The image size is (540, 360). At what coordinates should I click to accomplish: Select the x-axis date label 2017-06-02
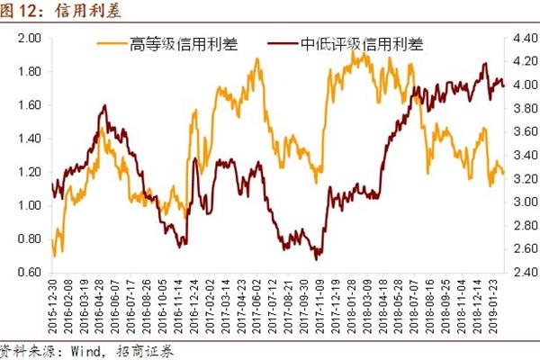pos(259,306)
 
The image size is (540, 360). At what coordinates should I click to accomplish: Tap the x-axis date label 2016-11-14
pos(181,306)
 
